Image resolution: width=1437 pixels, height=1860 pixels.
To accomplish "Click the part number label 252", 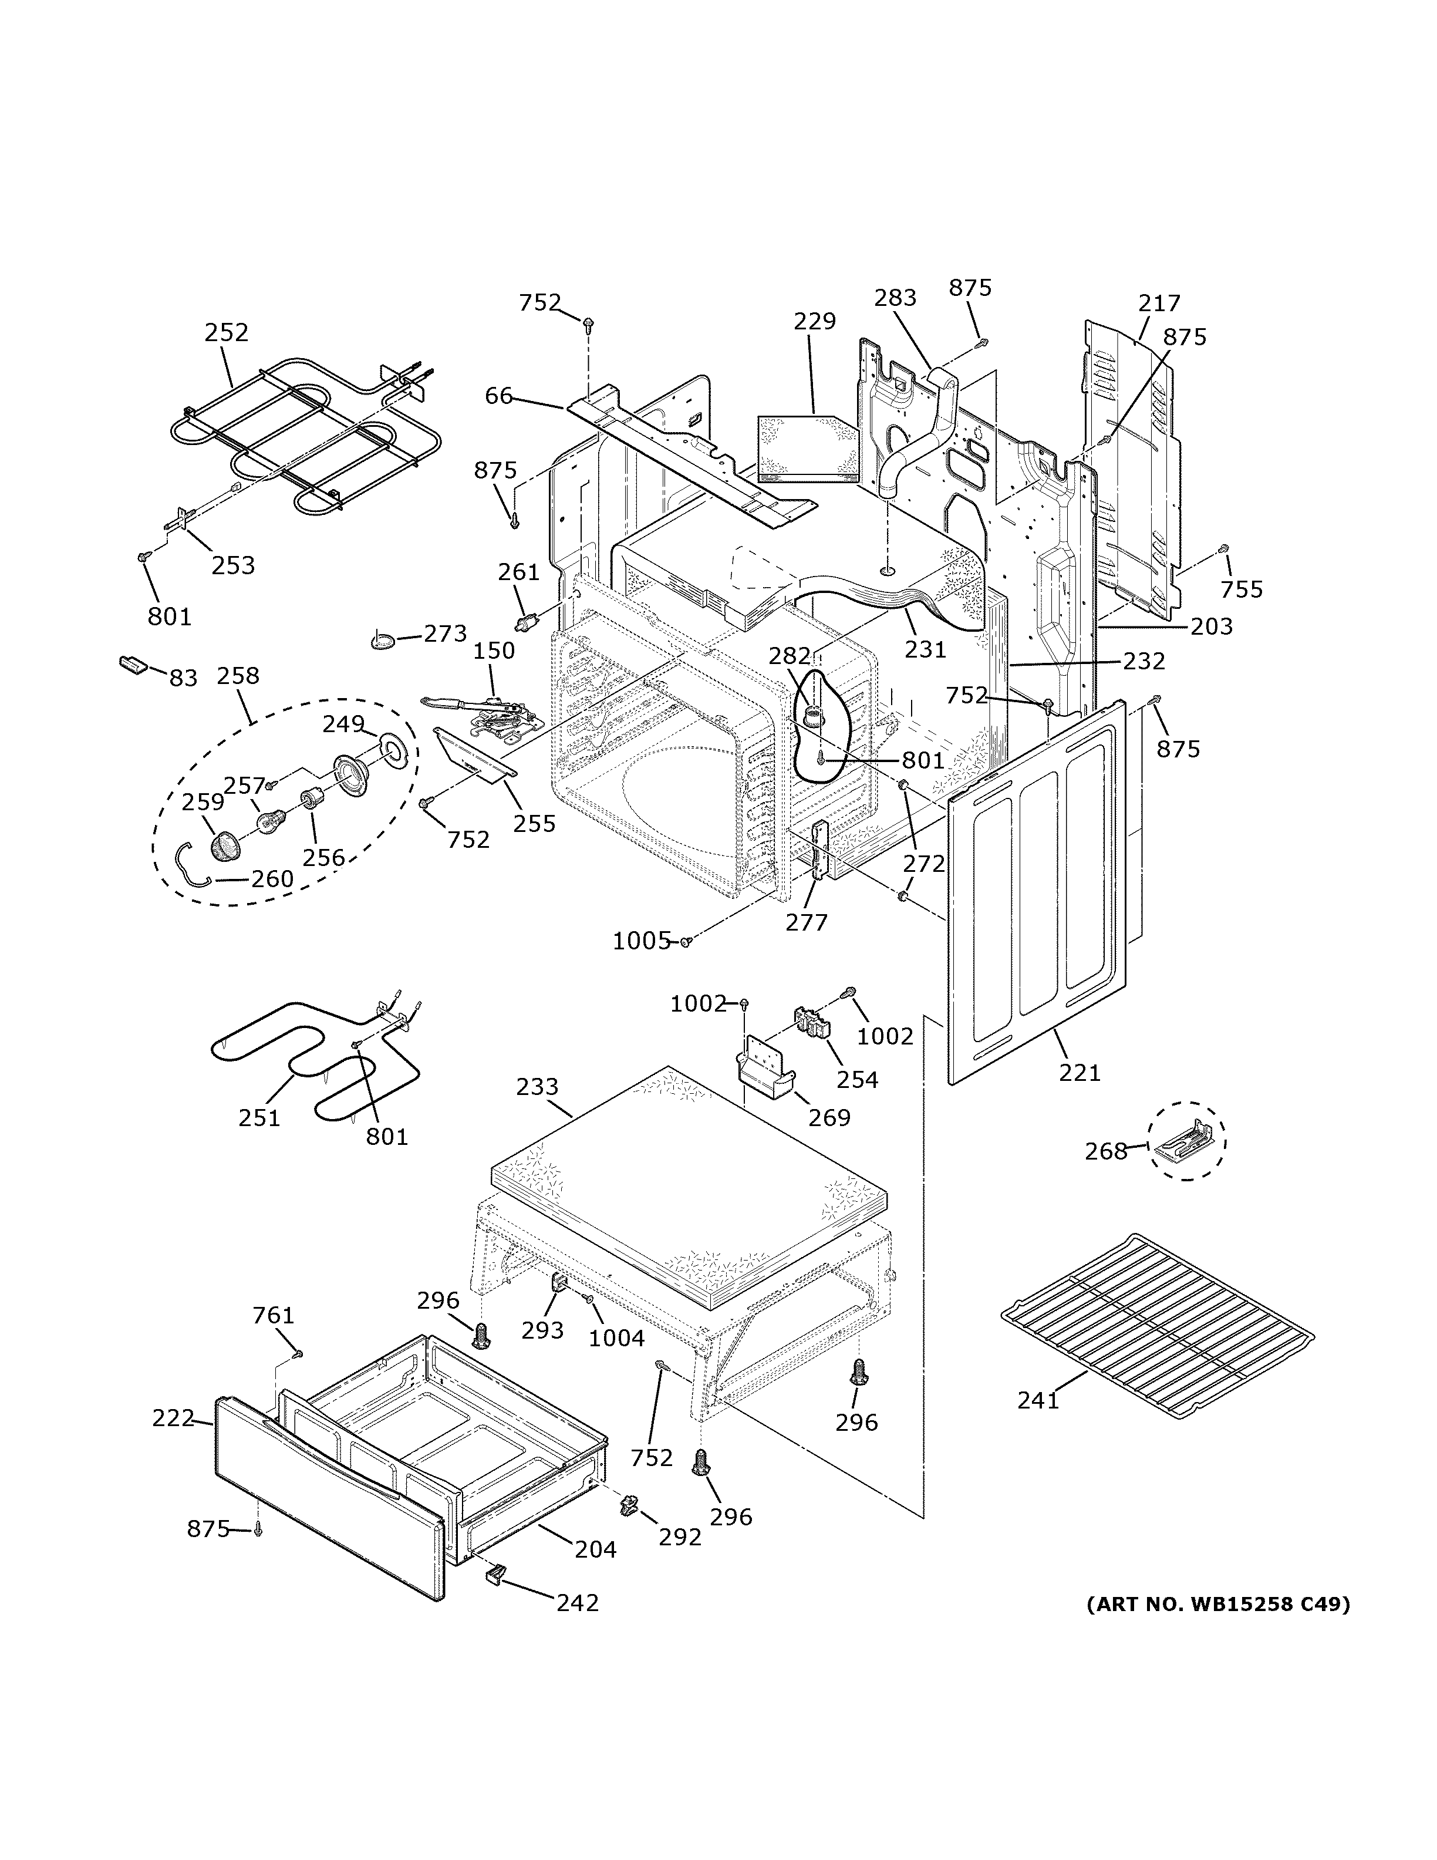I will pos(227,332).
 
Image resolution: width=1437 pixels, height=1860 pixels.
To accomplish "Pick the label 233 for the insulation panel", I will pos(537,1087).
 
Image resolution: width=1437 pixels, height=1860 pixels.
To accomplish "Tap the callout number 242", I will pos(578,1603).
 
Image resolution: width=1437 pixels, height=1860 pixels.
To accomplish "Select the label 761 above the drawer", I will pos(274,1316).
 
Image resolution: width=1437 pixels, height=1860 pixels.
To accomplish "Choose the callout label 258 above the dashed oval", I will pos(238,675).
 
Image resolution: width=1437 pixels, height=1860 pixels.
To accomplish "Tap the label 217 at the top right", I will pos(1159,303).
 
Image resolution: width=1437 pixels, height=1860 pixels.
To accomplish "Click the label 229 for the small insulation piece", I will pos(815,321).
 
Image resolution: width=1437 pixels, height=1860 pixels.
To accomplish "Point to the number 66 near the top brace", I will pos(499,395).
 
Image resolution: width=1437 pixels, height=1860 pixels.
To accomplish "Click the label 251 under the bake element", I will pos(259,1117).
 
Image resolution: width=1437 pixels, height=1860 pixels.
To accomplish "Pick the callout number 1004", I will pos(617,1338).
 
